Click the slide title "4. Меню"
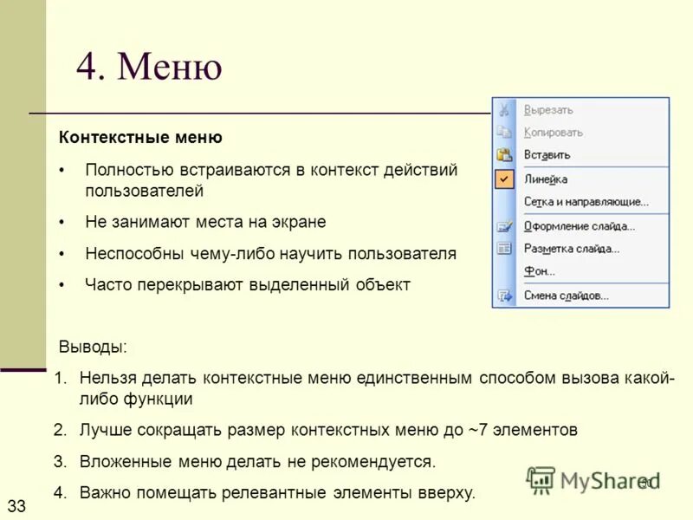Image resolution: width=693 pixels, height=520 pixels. click(149, 68)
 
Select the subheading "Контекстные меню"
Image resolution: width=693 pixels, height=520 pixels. click(140, 138)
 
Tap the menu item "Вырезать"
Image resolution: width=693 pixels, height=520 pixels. click(548, 110)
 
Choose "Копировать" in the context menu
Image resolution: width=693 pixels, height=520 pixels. click(553, 133)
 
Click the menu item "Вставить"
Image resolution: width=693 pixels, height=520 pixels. click(547, 155)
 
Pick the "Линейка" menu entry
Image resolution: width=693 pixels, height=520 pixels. click(546, 179)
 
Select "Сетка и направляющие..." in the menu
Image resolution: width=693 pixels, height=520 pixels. click(586, 202)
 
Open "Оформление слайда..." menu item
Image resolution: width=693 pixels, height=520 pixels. click(579, 226)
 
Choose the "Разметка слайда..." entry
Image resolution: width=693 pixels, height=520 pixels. click(572, 249)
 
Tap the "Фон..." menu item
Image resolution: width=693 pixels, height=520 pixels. click(539, 271)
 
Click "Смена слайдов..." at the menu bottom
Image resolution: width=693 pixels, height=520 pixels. click(567, 296)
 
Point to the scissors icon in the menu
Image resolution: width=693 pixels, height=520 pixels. click(504, 110)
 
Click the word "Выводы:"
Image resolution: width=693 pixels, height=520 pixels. click(93, 347)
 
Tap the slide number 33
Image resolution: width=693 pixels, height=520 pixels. click(16, 504)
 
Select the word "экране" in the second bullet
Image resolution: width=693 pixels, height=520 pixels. click(296, 222)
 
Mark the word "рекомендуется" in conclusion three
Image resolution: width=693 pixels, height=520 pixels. click(380, 461)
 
